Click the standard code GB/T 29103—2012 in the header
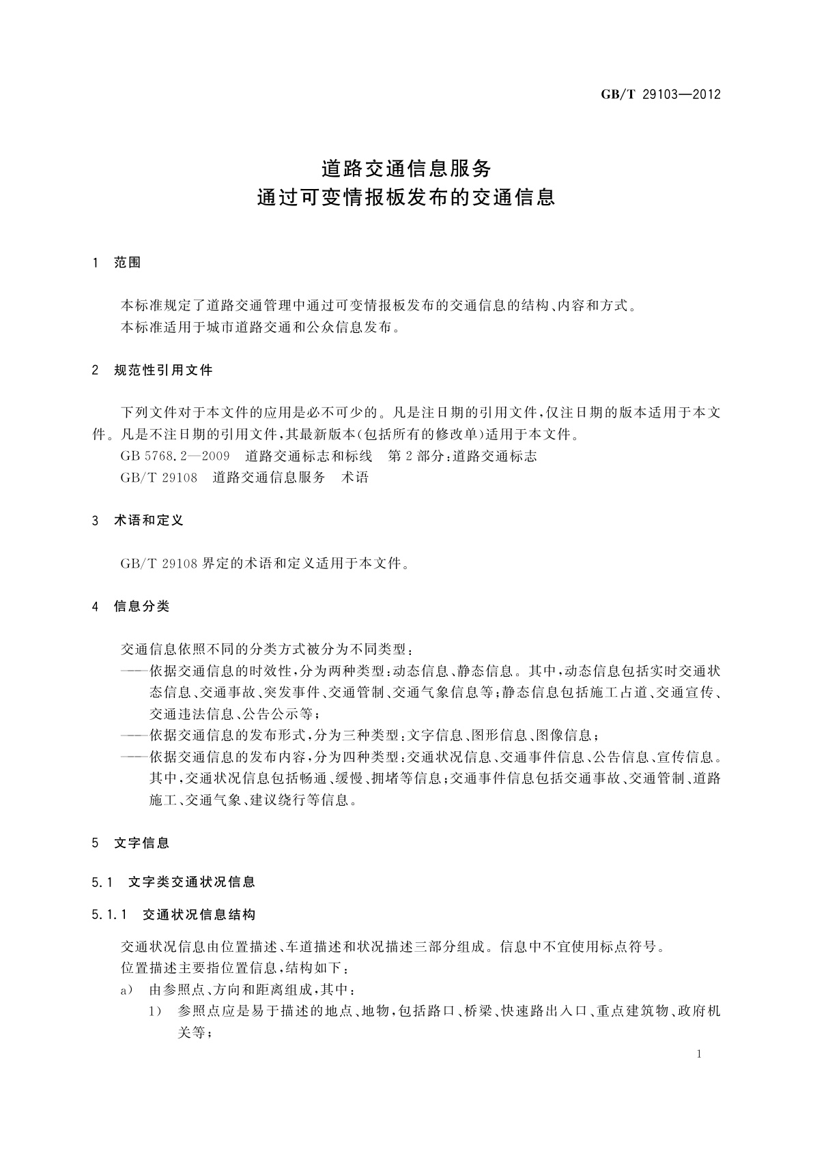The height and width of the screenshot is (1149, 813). (x=661, y=95)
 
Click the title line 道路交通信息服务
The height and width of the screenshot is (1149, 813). (x=406, y=167)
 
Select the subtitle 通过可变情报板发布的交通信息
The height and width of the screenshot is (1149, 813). (x=406, y=198)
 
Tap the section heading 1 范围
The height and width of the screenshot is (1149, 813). (x=117, y=263)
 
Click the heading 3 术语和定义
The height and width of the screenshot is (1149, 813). (x=138, y=521)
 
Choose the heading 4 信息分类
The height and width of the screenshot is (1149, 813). (x=131, y=606)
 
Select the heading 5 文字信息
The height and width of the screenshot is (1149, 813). (x=131, y=843)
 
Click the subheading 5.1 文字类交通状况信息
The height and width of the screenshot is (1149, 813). (x=173, y=882)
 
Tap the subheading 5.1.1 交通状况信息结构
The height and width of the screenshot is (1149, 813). (x=173, y=914)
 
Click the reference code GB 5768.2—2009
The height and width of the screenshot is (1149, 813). (x=175, y=456)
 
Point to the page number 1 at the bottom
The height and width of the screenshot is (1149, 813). (x=700, y=1054)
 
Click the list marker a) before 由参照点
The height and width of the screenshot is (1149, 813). (x=126, y=990)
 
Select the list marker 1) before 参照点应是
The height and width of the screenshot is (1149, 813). (x=155, y=1011)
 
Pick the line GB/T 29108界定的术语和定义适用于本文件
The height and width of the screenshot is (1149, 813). (x=265, y=564)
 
